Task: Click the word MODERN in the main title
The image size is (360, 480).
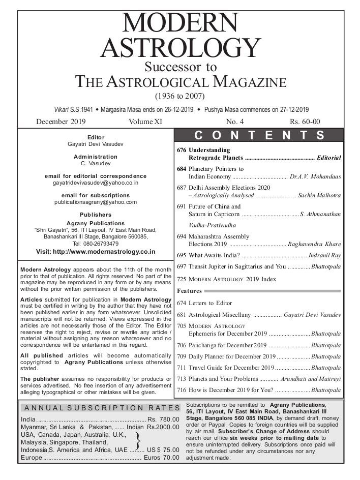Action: [x=180, y=24]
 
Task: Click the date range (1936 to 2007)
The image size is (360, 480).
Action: [x=179, y=95]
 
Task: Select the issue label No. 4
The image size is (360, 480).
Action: [x=235, y=122]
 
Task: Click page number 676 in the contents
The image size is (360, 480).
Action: [x=182, y=151]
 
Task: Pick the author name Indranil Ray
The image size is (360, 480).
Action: [x=326, y=255]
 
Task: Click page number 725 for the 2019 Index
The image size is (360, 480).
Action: [x=182, y=279]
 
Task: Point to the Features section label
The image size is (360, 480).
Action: [x=189, y=291]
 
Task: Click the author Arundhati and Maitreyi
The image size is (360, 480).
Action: [x=311, y=379]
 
